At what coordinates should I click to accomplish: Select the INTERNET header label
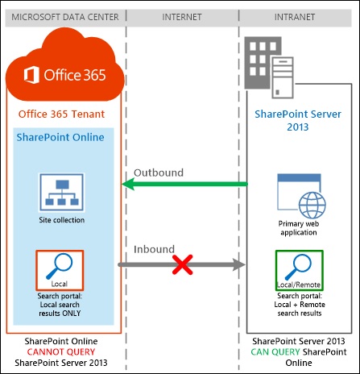point(182,17)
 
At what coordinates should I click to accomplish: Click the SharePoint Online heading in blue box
point(61,138)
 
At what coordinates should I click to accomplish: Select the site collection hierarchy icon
point(61,191)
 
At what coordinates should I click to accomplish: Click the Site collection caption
point(61,219)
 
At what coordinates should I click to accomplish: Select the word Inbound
point(153,250)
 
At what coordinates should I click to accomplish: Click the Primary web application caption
point(298,228)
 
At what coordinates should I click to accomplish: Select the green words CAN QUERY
point(275,351)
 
